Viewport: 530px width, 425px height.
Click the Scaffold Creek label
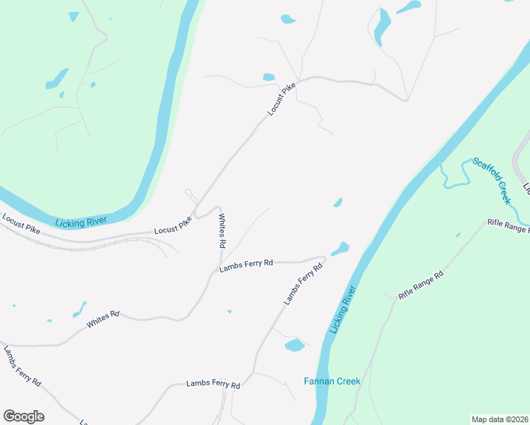[492, 180]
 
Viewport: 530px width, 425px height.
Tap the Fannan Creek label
[332, 381]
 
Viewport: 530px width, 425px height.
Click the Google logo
[23, 416]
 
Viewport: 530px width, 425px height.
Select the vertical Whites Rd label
[222, 231]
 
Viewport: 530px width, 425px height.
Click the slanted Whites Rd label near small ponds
[103, 319]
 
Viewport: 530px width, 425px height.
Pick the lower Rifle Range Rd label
[420, 285]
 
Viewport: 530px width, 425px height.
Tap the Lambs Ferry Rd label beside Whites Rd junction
[246, 264]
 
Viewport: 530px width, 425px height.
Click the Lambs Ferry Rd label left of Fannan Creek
[213, 385]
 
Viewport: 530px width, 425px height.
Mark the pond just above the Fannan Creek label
[294, 345]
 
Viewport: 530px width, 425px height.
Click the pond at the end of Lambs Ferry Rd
[340, 249]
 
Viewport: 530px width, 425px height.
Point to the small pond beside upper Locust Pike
[269, 77]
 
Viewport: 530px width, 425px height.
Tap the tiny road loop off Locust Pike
[189, 193]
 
